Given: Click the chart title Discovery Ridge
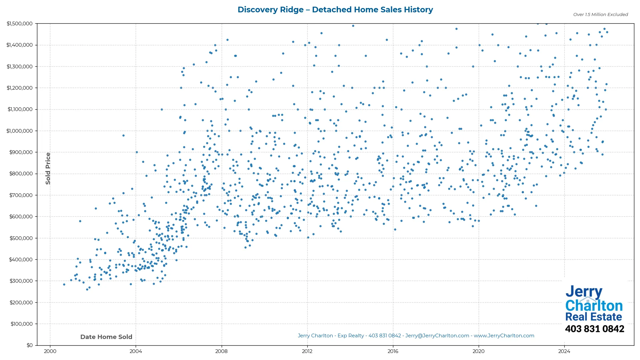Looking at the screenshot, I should (335, 10).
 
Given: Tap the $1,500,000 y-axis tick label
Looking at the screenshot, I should (20, 24).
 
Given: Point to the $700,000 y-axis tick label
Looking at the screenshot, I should (21, 195).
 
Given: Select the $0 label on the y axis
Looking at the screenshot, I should (30, 345).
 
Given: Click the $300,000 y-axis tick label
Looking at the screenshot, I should (21, 281).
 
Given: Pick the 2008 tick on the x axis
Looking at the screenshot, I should (221, 351).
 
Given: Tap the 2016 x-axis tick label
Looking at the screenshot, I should (393, 351).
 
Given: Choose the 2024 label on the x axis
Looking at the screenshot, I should (564, 351).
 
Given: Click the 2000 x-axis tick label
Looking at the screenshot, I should (50, 351).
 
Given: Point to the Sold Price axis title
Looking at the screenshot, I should (48, 168).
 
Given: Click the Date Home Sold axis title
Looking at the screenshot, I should (106, 337).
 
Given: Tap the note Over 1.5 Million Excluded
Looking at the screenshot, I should (600, 15).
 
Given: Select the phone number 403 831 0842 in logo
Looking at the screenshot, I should (594, 329).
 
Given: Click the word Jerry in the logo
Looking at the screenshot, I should (584, 292).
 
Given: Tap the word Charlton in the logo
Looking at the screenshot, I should (594, 305).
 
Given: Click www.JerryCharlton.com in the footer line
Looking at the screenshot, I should (504, 336).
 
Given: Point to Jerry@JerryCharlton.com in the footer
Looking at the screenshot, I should (437, 336).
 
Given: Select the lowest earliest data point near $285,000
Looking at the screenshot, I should (64, 284).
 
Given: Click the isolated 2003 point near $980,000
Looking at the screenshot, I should (123, 135).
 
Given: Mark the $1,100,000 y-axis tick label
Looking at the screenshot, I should (20, 109).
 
